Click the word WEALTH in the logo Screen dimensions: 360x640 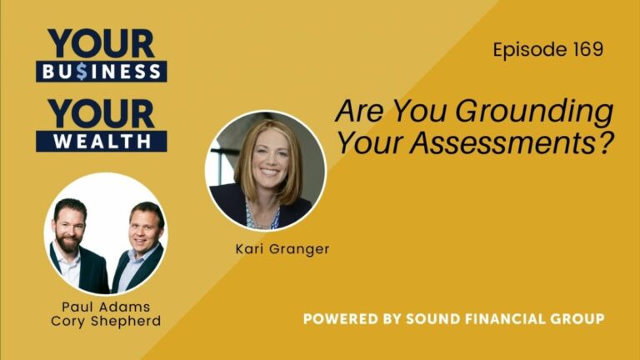point(101,141)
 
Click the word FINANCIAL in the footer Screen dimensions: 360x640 point(506,319)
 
